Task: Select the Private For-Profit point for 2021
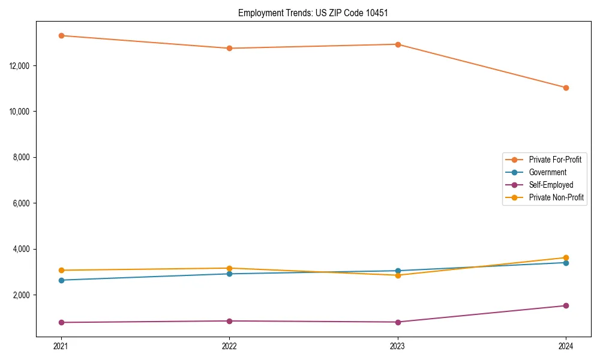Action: pos(61,35)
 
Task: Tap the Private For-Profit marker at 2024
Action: pos(566,88)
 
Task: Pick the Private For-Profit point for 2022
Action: pos(229,48)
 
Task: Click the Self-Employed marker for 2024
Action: pos(566,305)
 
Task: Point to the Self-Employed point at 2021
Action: pos(61,322)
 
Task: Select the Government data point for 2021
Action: pos(61,280)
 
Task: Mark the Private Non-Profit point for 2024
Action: pos(566,257)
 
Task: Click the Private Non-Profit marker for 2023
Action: pos(398,275)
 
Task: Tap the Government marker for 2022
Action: pos(229,274)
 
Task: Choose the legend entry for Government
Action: pos(547,172)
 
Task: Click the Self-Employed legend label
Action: pos(551,185)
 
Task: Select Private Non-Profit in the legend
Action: pos(556,197)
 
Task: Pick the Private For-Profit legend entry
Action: pos(555,160)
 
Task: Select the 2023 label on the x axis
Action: pos(398,346)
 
